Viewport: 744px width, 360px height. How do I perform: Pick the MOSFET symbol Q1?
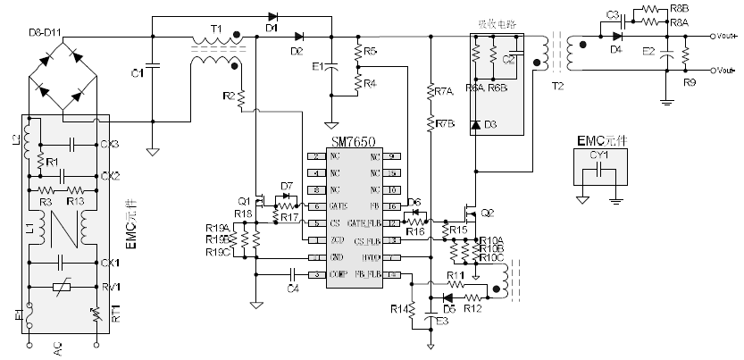[x=260, y=201]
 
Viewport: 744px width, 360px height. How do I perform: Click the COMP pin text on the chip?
[x=338, y=274]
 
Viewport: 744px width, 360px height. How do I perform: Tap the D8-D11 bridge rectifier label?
[x=46, y=33]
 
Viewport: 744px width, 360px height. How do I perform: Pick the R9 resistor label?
[x=689, y=82]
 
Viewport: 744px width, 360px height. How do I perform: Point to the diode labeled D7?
[x=287, y=197]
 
